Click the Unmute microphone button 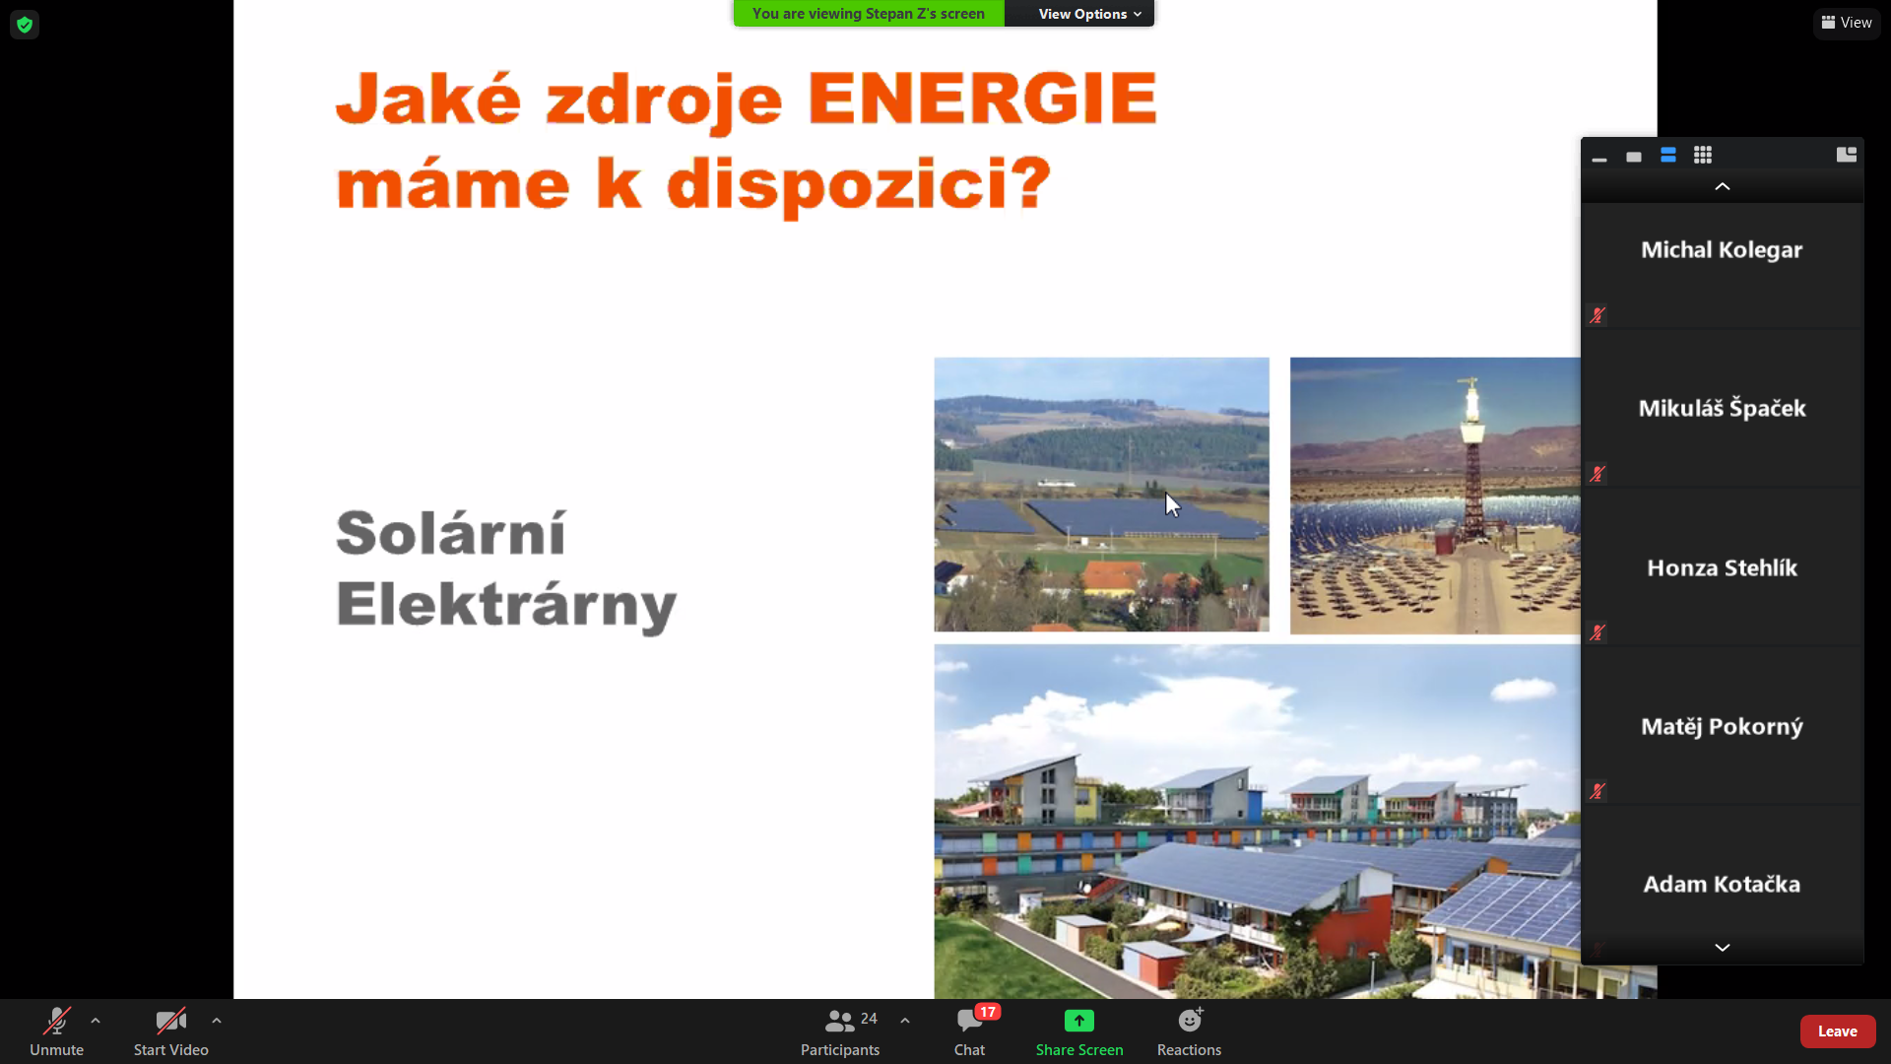pyautogui.click(x=56, y=1031)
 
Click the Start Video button pyautogui.click(x=170, y=1031)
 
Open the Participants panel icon pyautogui.click(x=839, y=1021)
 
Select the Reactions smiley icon pyautogui.click(x=1190, y=1020)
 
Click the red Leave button pyautogui.click(x=1838, y=1031)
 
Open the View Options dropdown pyautogui.click(x=1089, y=14)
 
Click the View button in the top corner pyautogui.click(x=1847, y=23)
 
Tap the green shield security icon pyautogui.click(x=25, y=25)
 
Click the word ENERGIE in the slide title pyautogui.click(x=982, y=99)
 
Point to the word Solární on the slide pyautogui.click(x=451, y=533)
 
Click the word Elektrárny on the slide pyautogui.click(x=506, y=604)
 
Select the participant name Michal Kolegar pyautogui.click(x=1722, y=250)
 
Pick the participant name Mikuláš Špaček pyautogui.click(x=1722, y=408)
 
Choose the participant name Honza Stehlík pyautogui.click(x=1722, y=567)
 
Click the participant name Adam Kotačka pyautogui.click(x=1722, y=885)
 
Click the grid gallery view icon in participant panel pyautogui.click(x=1703, y=155)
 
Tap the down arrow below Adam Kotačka pyautogui.click(x=1723, y=948)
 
